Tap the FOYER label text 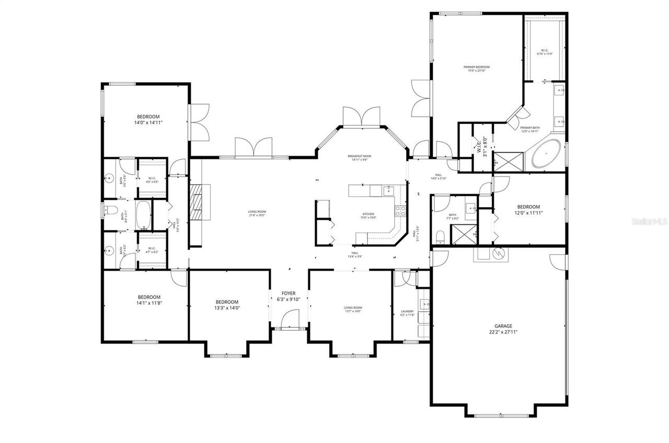tap(289, 293)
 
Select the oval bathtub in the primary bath tap(546, 154)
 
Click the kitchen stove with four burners tap(401, 211)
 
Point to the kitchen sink tap(388, 191)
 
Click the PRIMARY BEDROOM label tap(477, 67)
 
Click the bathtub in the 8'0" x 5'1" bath tap(143, 215)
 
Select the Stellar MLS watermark tap(650, 222)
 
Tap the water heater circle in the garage tap(498, 254)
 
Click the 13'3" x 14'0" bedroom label tap(227, 305)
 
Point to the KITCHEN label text tap(369, 214)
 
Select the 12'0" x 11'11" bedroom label tap(528, 210)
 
